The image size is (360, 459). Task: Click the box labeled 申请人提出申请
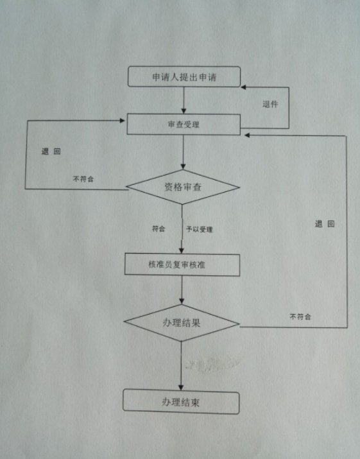[x=184, y=76]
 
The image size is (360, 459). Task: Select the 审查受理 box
[x=184, y=125]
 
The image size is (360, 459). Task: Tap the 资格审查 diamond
[x=183, y=187]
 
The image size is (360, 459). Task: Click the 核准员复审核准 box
[x=182, y=265]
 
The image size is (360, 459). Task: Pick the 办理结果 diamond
[x=182, y=323]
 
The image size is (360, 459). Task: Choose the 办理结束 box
[x=181, y=402]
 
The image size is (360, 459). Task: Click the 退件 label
[x=270, y=104]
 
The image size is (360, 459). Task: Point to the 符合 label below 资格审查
[x=159, y=229]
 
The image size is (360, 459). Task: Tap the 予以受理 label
[x=200, y=229]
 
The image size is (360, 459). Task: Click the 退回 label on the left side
[x=51, y=152]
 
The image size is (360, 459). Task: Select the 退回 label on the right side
[x=325, y=224]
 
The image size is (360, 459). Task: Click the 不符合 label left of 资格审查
[x=83, y=179]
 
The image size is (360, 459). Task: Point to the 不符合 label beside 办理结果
[x=300, y=316]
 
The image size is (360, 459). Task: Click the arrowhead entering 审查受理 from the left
[x=123, y=120]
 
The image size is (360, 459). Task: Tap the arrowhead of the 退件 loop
[x=243, y=87]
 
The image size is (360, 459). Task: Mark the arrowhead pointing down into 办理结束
[x=181, y=387]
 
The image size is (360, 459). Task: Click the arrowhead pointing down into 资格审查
[x=184, y=166]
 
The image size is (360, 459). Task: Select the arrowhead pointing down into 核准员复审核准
[x=182, y=250]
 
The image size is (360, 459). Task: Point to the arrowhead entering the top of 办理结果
[x=182, y=301]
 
